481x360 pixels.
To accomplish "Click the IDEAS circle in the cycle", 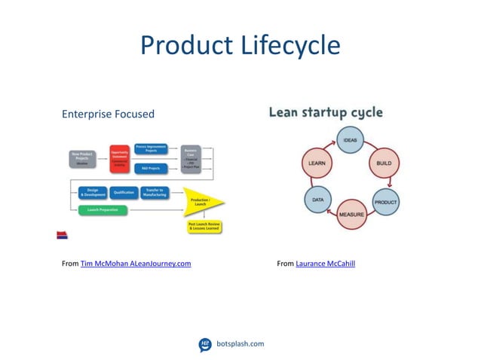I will pos(350,140).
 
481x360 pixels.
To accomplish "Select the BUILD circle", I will pos(383,163).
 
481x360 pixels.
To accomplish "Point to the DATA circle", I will pos(317,200).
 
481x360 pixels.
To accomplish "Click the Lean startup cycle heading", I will pos(326,113).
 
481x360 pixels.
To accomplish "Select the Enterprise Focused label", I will pos(108,114).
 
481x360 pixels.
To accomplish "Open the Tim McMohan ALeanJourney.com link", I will pos(136,263).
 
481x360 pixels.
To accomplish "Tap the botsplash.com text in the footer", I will pos(240,343).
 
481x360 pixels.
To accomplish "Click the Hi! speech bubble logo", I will pos(205,344).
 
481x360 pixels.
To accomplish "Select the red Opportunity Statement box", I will pos(120,157).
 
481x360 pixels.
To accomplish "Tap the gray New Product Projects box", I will pos(82,160).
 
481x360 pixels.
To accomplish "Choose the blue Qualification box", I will pos(124,192).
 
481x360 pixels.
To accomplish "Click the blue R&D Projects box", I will pos(152,168).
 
